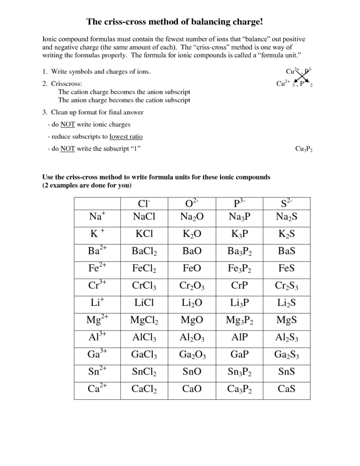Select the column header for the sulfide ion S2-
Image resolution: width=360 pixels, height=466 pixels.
(x=287, y=203)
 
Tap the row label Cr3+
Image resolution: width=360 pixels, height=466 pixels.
(x=97, y=285)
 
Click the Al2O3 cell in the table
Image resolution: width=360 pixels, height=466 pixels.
(x=192, y=338)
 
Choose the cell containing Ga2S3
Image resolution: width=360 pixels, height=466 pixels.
(x=287, y=355)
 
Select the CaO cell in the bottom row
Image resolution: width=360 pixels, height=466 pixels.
(x=192, y=389)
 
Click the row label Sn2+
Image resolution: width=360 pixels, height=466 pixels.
(x=97, y=371)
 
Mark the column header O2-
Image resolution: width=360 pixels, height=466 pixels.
(x=192, y=203)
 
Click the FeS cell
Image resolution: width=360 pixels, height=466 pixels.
(x=287, y=268)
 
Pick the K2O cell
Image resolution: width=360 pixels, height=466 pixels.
(x=192, y=234)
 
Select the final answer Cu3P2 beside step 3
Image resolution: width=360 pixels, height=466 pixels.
(x=304, y=149)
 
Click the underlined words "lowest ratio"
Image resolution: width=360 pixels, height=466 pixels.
(x=126, y=136)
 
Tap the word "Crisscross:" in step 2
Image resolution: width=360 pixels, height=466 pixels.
(x=67, y=84)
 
